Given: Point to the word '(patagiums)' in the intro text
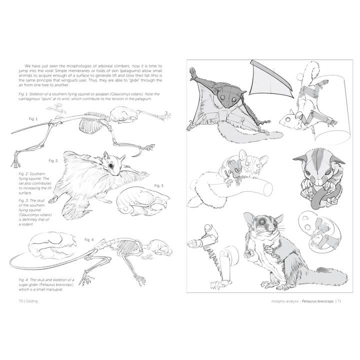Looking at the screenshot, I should pyautogui.click(x=131, y=71).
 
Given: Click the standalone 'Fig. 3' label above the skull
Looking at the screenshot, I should pyautogui.click(x=158, y=185).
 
